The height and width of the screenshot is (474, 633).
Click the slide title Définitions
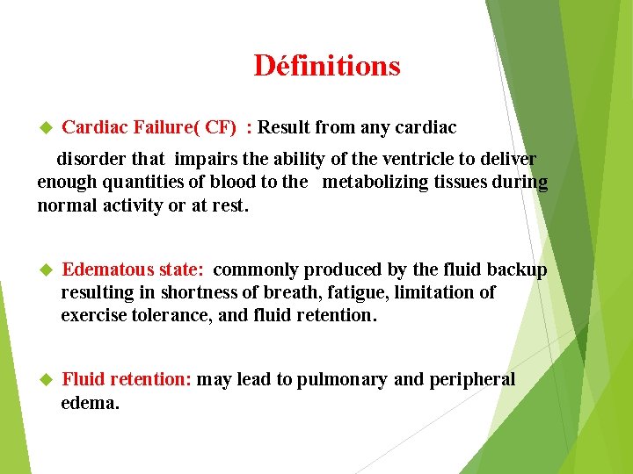click(326, 66)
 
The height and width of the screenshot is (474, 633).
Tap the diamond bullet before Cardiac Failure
click(47, 128)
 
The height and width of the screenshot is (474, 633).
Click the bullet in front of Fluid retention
click(47, 380)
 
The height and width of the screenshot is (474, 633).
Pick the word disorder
click(87, 159)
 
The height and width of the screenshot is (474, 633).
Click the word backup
click(517, 269)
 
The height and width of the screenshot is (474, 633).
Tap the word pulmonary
click(342, 380)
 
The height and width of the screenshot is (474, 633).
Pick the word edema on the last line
click(88, 403)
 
